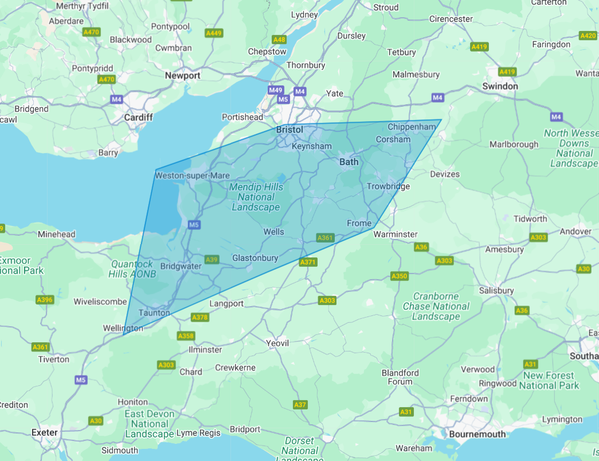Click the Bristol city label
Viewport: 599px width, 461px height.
[x=289, y=130]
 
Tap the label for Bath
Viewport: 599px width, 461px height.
[x=349, y=162]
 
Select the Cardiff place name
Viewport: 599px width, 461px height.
[x=139, y=117]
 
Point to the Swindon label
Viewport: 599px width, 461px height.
[x=500, y=86]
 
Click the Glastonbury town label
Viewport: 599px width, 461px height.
[x=255, y=258]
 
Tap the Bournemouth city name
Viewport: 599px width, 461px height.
[x=477, y=434]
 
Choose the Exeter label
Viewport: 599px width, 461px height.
[x=45, y=432]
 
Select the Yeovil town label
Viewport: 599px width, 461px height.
[x=277, y=343]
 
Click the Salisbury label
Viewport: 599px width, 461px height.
[x=496, y=291]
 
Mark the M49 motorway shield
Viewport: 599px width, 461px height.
[x=276, y=91]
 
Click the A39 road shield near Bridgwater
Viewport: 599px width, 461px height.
[x=212, y=260]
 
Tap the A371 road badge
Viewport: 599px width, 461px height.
[x=308, y=262]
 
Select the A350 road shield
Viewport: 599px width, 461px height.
[x=399, y=276]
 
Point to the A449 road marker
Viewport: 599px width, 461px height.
[x=214, y=33]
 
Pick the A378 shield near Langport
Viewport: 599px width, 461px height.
[x=199, y=317]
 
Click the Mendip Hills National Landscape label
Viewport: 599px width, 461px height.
[x=256, y=197]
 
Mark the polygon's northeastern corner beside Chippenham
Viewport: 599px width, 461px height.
[x=441, y=120]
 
